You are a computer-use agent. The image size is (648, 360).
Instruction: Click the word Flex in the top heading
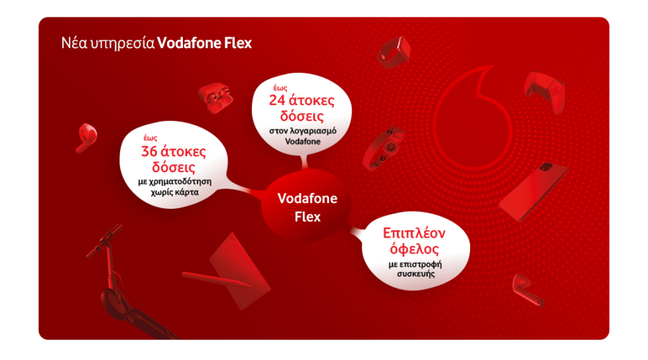236,42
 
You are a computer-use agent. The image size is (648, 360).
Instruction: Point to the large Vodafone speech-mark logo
476,115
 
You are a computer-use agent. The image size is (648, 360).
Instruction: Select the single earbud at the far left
86,135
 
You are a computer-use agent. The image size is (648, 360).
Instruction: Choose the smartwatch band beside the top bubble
384,148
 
